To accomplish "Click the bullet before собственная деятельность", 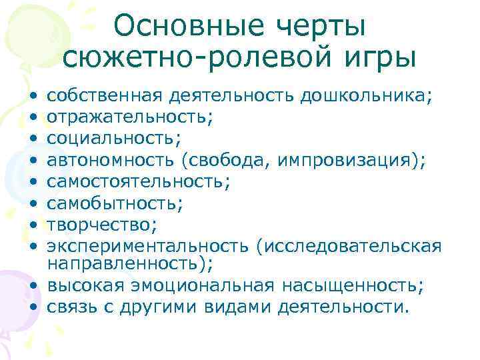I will click(x=33, y=97).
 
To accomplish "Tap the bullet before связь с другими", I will click(x=33, y=307).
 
